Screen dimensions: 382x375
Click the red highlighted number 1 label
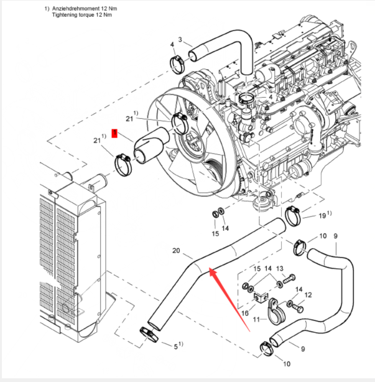click(x=114, y=133)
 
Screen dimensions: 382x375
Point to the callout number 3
click(x=180, y=40)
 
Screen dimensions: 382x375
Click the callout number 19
click(x=322, y=215)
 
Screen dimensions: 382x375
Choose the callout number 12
click(x=308, y=295)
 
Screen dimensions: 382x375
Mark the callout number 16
click(x=245, y=313)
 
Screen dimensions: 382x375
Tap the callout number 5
click(x=175, y=344)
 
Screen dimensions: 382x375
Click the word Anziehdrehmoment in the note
click(x=81, y=9)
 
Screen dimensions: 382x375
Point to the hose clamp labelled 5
click(x=148, y=333)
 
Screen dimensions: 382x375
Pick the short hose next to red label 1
click(x=147, y=146)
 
